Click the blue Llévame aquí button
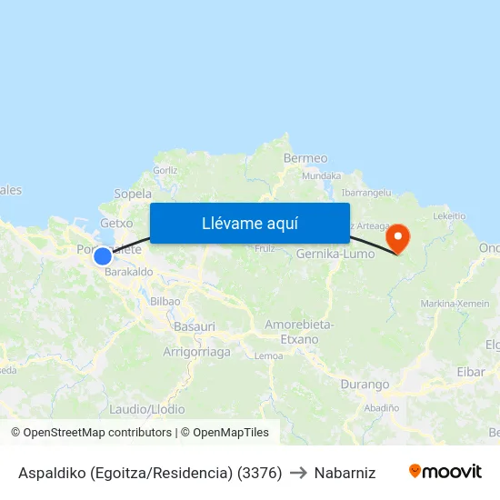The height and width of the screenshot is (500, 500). (249, 223)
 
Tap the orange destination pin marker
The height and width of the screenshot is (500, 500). (397, 239)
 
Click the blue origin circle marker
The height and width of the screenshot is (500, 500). (103, 256)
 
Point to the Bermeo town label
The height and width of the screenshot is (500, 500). (305, 158)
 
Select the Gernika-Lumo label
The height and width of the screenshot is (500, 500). (335, 255)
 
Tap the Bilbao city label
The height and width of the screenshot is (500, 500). (165, 301)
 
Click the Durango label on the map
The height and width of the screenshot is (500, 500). (365, 385)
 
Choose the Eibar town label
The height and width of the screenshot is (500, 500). (470, 372)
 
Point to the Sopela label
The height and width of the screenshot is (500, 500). (133, 194)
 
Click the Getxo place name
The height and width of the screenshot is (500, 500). (116, 223)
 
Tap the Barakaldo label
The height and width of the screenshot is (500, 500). (127, 272)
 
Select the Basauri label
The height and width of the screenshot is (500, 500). (194, 325)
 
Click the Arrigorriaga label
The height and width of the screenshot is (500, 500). (196, 352)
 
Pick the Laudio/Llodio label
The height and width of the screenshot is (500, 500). (147, 409)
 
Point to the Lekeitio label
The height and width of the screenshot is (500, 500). (449, 216)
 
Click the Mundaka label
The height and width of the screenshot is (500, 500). (321, 175)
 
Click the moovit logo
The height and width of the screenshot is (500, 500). (445, 471)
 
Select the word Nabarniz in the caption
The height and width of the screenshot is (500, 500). (345, 473)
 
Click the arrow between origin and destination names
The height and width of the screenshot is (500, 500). (298, 473)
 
